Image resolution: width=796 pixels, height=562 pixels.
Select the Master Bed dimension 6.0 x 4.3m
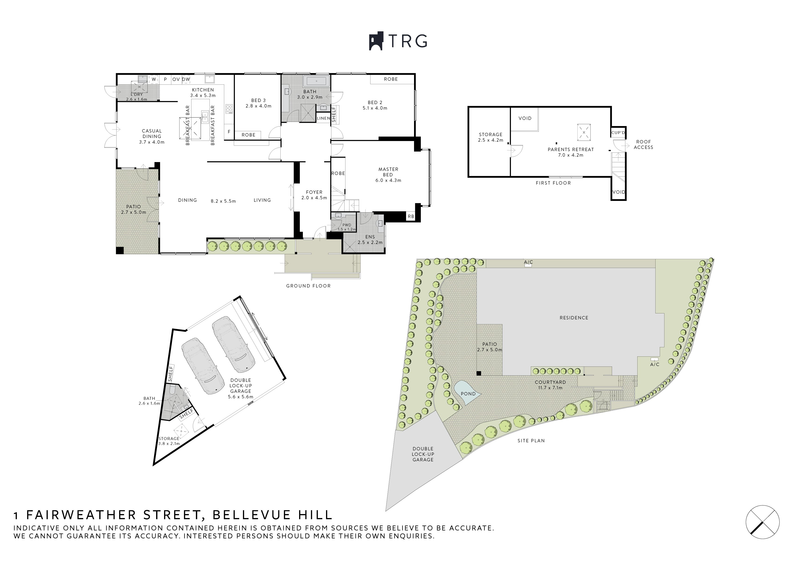[x=388, y=180]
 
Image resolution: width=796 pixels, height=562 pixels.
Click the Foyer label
[x=314, y=192]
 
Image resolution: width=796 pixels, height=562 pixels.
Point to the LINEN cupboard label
[x=323, y=118]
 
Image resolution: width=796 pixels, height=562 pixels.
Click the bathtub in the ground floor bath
[x=316, y=82]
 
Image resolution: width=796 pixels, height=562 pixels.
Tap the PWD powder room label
[x=347, y=225]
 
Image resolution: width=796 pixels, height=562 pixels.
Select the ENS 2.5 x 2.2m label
[x=370, y=240]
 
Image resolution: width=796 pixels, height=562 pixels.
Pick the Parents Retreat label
[x=571, y=149]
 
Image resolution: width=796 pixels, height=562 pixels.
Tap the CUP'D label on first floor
[x=618, y=133]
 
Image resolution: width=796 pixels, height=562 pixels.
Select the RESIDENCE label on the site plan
[x=574, y=318]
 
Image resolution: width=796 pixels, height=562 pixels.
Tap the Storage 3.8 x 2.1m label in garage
[x=169, y=441]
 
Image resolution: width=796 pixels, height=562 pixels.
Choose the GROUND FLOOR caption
[x=308, y=286]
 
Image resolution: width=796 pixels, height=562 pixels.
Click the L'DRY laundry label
[x=137, y=94]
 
